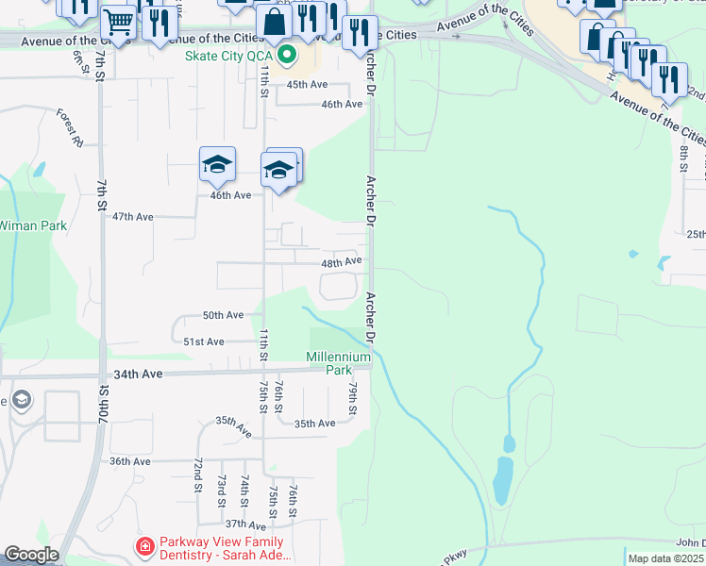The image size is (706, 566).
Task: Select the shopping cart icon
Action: pyautogui.click(x=118, y=23)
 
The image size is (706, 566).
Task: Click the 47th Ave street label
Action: pyautogui.click(x=133, y=216)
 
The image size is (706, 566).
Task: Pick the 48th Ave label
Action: pyautogui.click(x=342, y=261)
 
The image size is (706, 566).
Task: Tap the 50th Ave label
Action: pyautogui.click(x=224, y=314)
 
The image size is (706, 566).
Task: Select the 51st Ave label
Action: pyautogui.click(x=204, y=341)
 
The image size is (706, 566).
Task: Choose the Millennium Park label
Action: pyautogui.click(x=339, y=364)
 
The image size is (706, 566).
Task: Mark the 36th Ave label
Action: pyautogui.click(x=130, y=461)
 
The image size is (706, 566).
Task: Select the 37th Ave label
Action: pyautogui.click(x=244, y=524)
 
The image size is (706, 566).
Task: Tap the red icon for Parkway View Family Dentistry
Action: pyautogui.click(x=144, y=546)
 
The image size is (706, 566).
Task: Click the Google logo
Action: pyautogui.click(x=31, y=556)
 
